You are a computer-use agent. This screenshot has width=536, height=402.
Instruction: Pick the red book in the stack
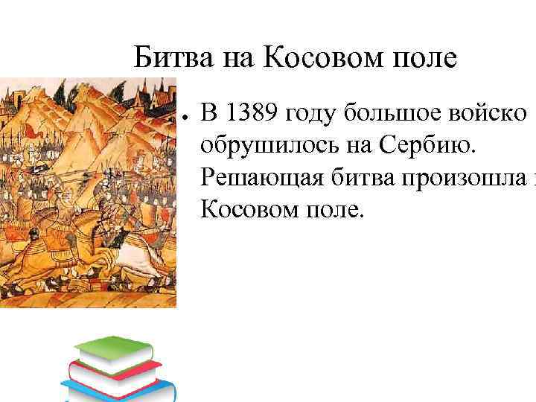click(112, 373)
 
